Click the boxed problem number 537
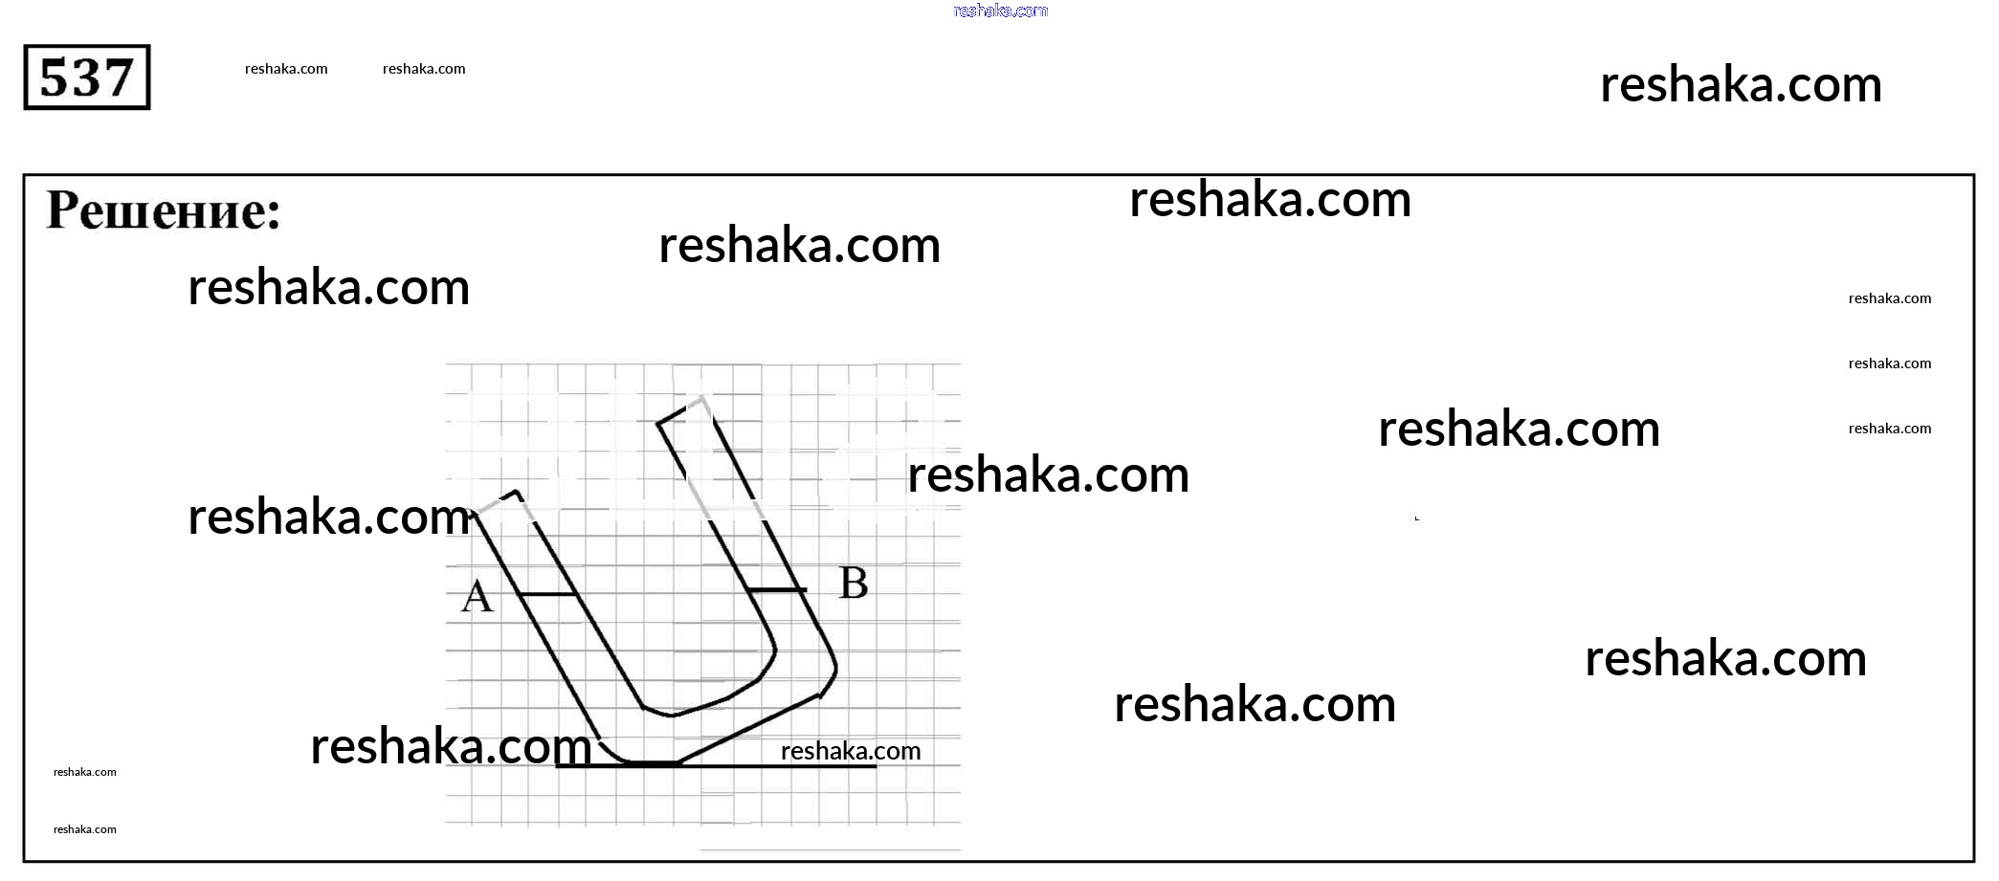pos(86,77)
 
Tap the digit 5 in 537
pos(56,77)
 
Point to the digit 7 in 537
pos(118,77)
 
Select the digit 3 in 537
pos(86,77)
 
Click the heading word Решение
pos(164,210)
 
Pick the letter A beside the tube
pos(477,596)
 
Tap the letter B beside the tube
pos(854,583)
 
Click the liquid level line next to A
pos(548,594)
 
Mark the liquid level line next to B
pos(776,590)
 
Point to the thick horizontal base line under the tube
pos(716,764)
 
